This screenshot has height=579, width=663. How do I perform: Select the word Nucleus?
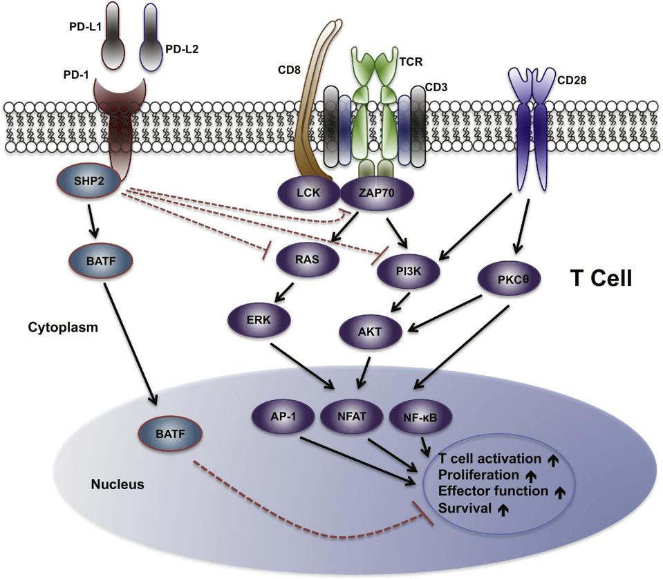pos(118,484)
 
